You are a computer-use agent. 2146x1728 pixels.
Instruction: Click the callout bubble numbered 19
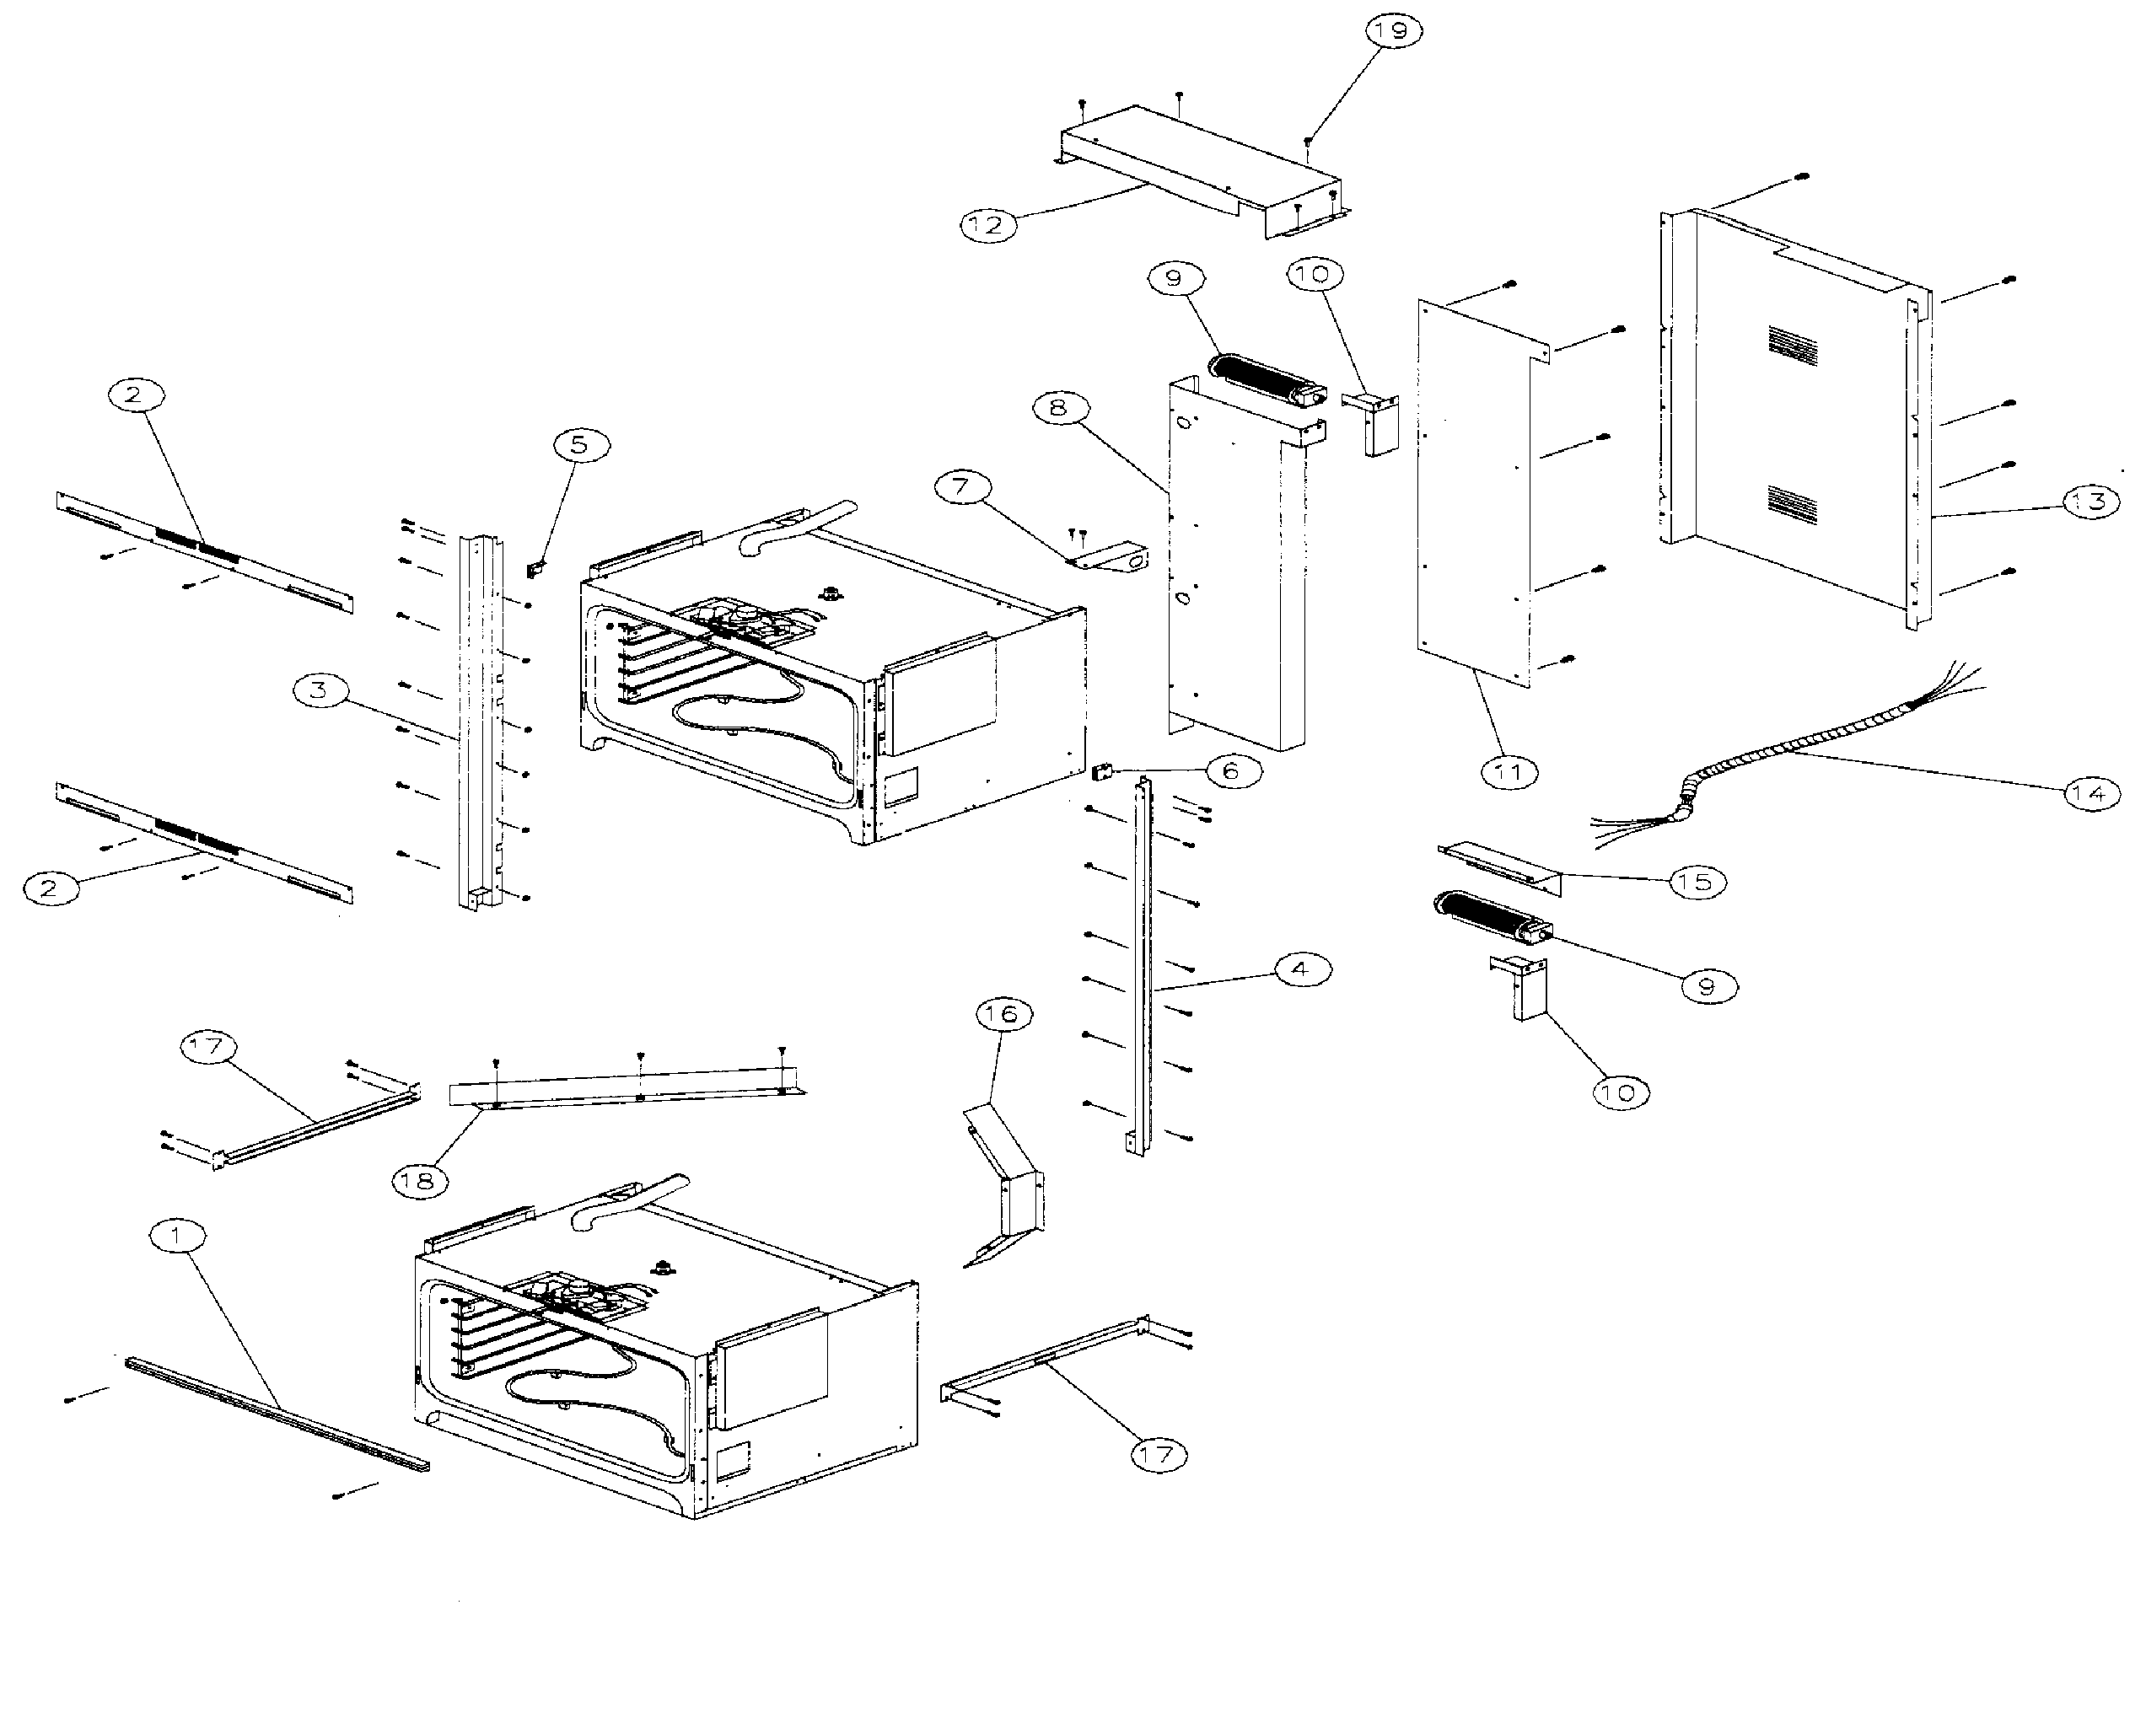click(1391, 32)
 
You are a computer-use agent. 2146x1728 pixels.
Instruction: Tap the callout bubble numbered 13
click(2090, 501)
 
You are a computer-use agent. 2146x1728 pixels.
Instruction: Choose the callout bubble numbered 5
click(578, 444)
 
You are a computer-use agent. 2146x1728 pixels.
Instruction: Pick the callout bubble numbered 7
click(962, 486)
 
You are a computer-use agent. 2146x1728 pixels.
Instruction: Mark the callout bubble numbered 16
click(1003, 1013)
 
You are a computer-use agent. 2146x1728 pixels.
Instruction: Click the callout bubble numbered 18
click(418, 1181)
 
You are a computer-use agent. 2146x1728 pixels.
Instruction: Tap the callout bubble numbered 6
click(1232, 770)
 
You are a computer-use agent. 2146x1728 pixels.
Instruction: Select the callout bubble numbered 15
click(1697, 882)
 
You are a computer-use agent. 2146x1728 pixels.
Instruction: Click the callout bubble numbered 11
click(1509, 770)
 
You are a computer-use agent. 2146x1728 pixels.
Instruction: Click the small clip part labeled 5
click(535, 571)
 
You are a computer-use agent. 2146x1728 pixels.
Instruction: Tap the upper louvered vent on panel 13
click(1793, 343)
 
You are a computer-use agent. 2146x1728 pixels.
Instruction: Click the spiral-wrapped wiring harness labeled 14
click(1783, 756)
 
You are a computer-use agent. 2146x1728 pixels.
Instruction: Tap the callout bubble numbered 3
click(319, 690)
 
